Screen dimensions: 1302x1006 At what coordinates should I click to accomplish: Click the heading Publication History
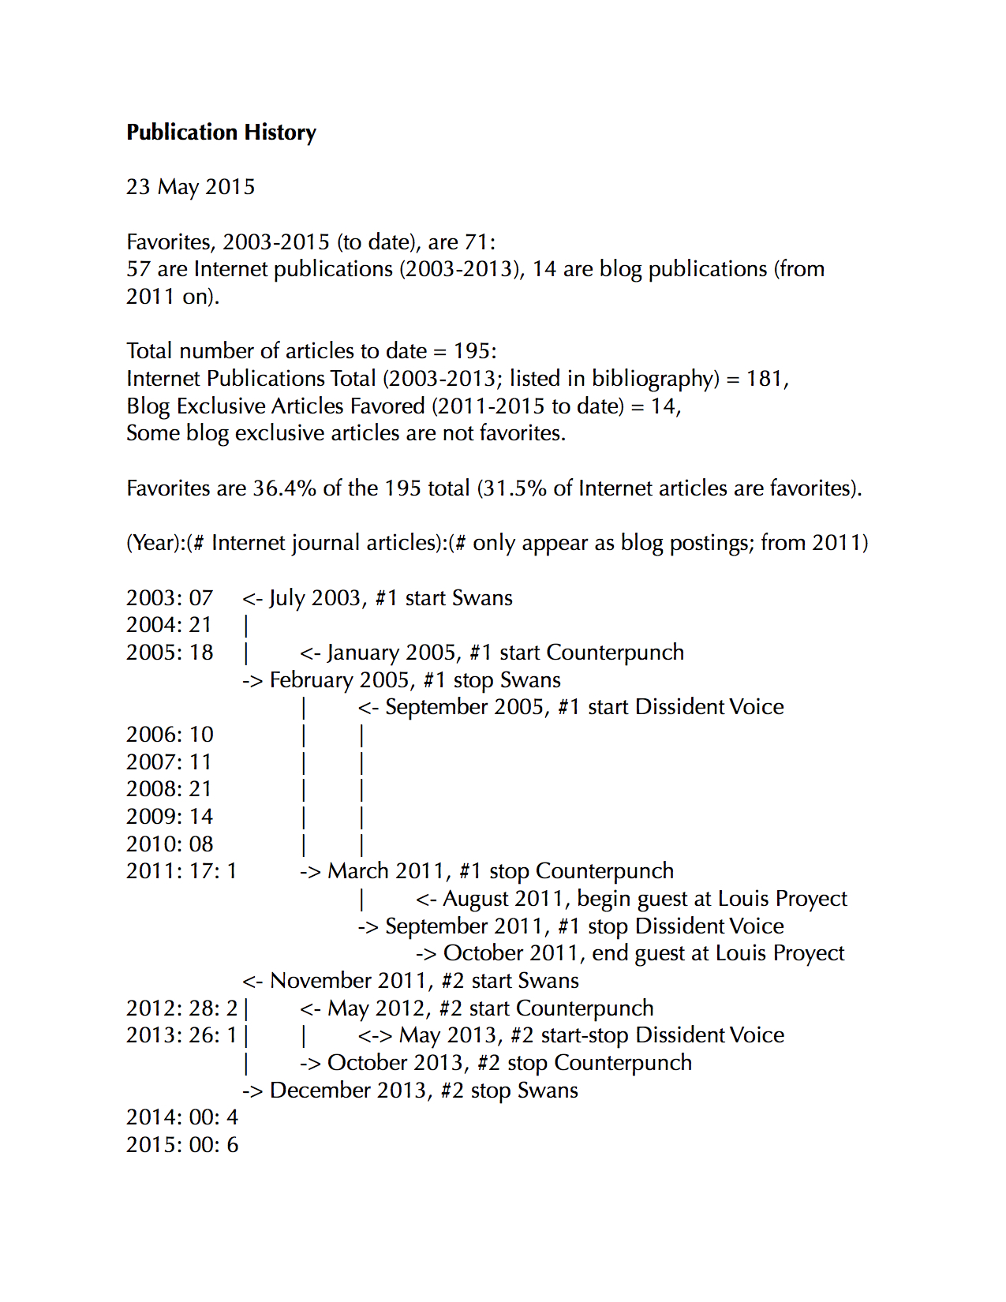tap(221, 132)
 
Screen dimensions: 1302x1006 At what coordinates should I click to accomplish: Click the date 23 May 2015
tap(190, 187)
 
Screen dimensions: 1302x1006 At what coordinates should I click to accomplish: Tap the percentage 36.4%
tap(284, 488)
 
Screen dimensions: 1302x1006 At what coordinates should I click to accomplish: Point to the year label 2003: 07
tap(170, 598)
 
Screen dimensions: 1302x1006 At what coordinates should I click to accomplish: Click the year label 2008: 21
tap(170, 789)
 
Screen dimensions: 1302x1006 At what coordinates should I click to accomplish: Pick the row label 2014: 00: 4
tap(181, 1117)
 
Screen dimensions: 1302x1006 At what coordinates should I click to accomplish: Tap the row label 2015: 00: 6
tap(181, 1145)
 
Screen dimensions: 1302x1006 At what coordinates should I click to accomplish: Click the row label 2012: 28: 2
tap(181, 1008)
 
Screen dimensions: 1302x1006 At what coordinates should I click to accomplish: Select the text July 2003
tap(314, 598)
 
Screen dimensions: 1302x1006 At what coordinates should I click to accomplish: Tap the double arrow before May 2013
tap(375, 1035)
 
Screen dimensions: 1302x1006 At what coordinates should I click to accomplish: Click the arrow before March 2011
tap(310, 871)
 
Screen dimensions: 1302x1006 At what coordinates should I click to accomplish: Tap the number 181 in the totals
tap(763, 379)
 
